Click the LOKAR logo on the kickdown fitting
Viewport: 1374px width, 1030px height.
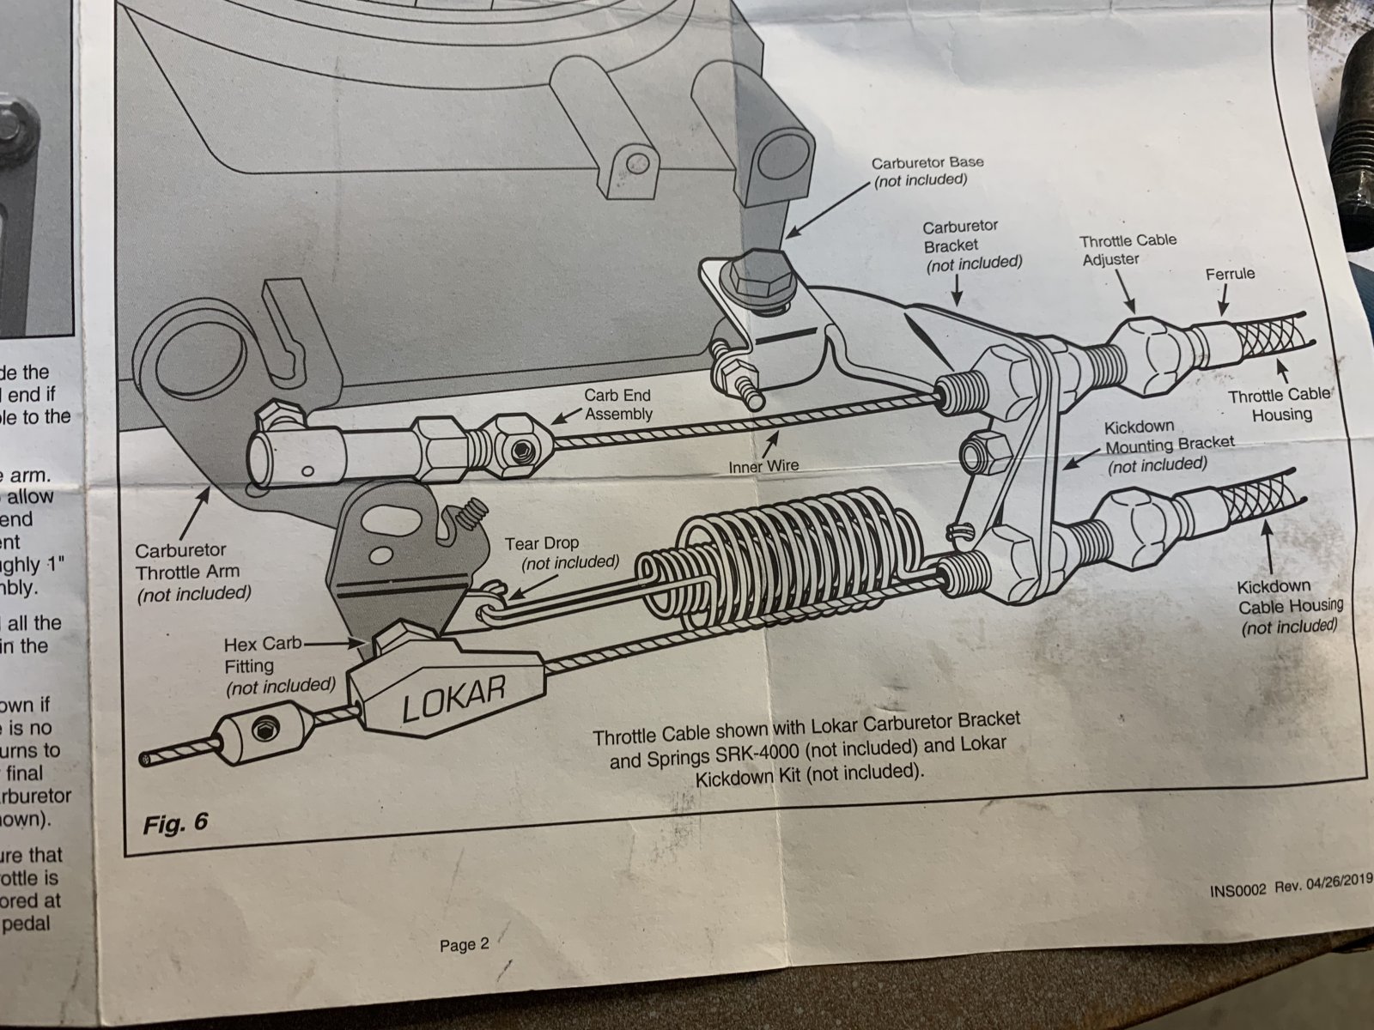pos(453,696)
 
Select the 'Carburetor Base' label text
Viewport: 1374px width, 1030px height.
pos(927,170)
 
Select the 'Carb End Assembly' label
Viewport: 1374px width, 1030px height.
pos(617,404)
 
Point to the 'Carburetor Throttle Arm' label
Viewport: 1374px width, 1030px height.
pos(193,570)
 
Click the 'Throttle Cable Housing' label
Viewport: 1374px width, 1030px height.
pos(1280,404)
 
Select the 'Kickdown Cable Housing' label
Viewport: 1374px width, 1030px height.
pos(1289,606)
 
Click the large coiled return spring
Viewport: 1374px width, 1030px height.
pos(781,566)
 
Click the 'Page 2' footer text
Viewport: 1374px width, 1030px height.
pos(464,945)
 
